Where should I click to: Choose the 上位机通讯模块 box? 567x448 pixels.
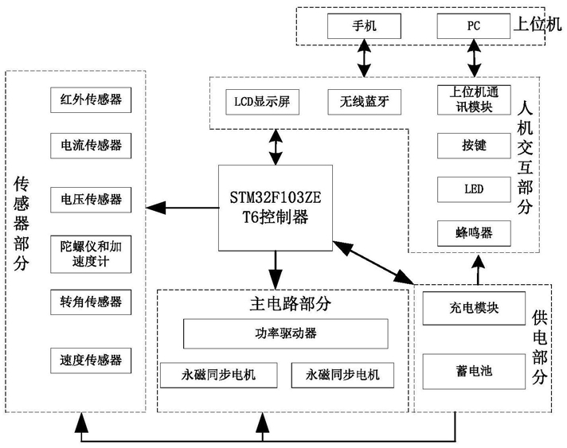[474, 100]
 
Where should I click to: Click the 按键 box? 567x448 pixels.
[474, 146]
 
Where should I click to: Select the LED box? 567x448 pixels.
[474, 189]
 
